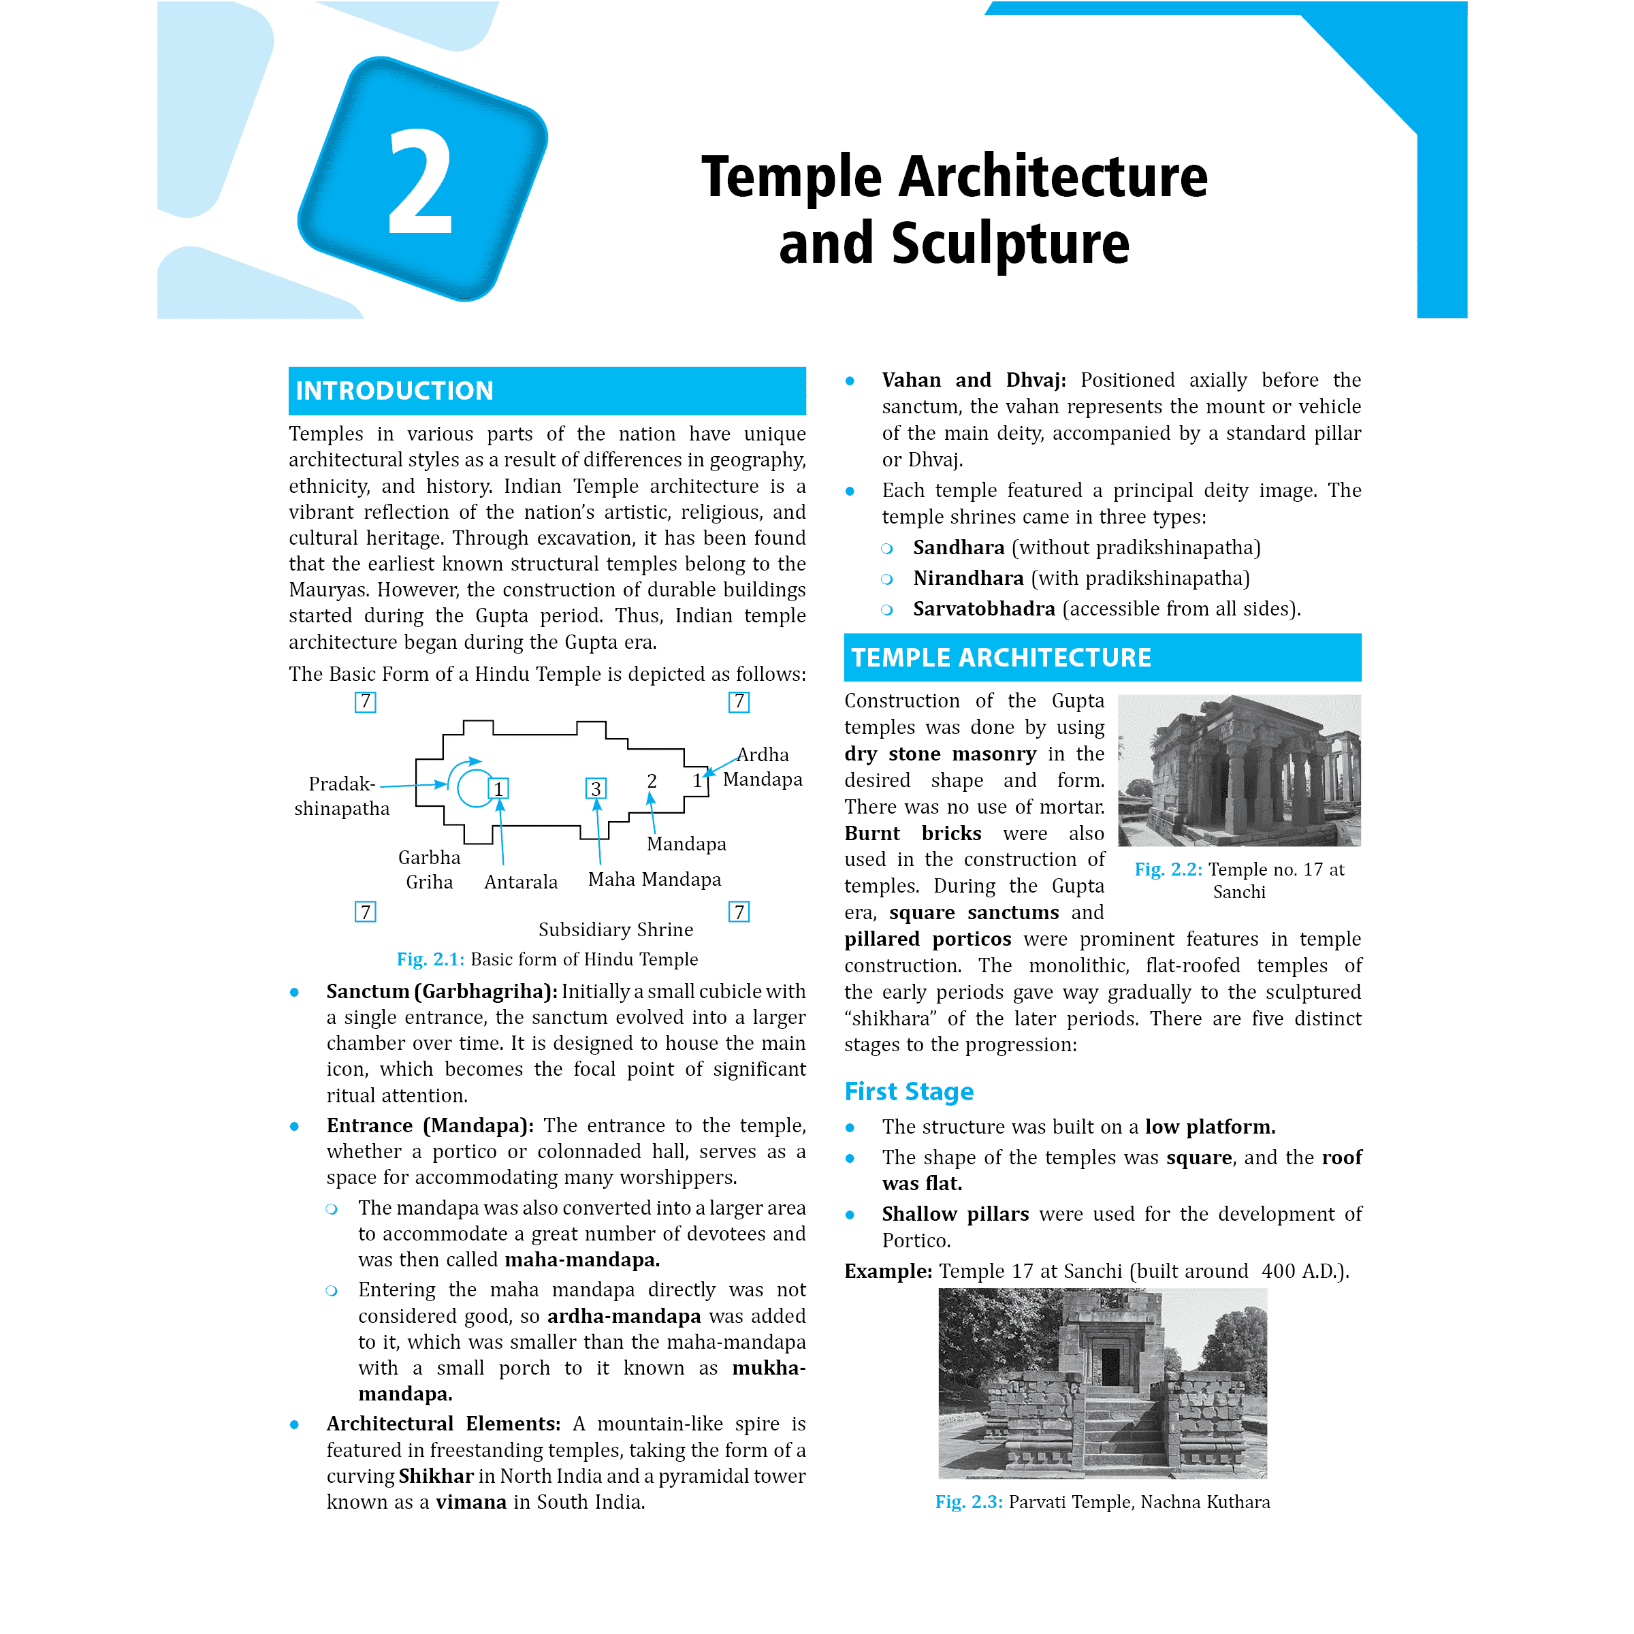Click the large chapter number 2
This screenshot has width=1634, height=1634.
(x=420, y=182)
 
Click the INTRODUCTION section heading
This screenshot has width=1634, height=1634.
(x=394, y=391)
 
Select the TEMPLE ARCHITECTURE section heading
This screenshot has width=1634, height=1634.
(x=1001, y=657)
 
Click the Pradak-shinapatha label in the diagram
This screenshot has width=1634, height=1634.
(x=342, y=796)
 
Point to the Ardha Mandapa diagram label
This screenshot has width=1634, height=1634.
(x=762, y=766)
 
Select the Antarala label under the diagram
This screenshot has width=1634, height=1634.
(x=521, y=882)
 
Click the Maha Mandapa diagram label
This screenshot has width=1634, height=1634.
(x=654, y=880)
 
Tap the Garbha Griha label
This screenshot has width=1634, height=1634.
(x=430, y=869)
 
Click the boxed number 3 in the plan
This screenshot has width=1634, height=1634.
(x=596, y=789)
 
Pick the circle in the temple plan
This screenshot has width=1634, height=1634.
(x=475, y=788)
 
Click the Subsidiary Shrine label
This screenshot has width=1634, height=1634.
(x=615, y=929)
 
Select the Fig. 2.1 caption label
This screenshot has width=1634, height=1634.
(x=430, y=959)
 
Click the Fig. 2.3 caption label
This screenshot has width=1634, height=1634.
(x=968, y=1501)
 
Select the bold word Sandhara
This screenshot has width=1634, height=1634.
(x=958, y=548)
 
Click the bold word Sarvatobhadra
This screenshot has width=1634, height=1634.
(x=984, y=609)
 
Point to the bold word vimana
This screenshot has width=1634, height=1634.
(x=470, y=1502)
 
